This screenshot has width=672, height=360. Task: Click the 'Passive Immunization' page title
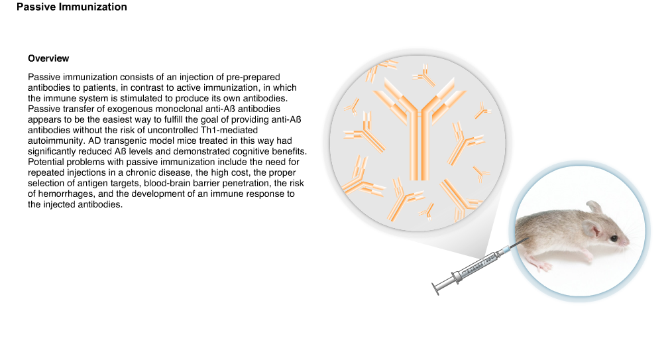[x=72, y=7]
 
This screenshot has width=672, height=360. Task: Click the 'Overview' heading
[x=48, y=58]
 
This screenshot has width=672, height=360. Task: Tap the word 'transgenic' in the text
[x=125, y=141]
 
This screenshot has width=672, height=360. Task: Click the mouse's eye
[x=614, y=238]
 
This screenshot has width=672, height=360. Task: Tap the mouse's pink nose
[x=628, y=243]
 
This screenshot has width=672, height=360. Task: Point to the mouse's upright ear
[x=595, y=208]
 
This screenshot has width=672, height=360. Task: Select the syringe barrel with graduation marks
[x=476, y=267]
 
